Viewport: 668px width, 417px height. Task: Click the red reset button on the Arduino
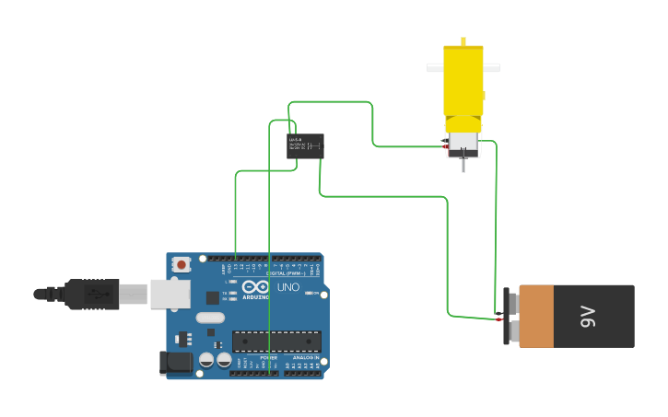click(x=182, y=264)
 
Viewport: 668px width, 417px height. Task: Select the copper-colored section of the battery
click(x=535, y=316)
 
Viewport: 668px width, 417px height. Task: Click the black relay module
click(x=305, y=145)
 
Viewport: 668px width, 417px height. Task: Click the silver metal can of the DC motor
click(x=463, y=140)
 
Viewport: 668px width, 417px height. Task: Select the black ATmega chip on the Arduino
click(x=276, y=341)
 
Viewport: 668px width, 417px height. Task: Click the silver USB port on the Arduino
click(x=170, y=294)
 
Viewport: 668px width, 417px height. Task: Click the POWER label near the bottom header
click(x=268, y=357)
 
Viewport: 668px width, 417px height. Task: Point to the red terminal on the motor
click(x=446, y=147)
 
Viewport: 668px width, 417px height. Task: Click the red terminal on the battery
click(x=500, y=319)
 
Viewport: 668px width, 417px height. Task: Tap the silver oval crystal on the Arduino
click(x=210, y=318)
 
